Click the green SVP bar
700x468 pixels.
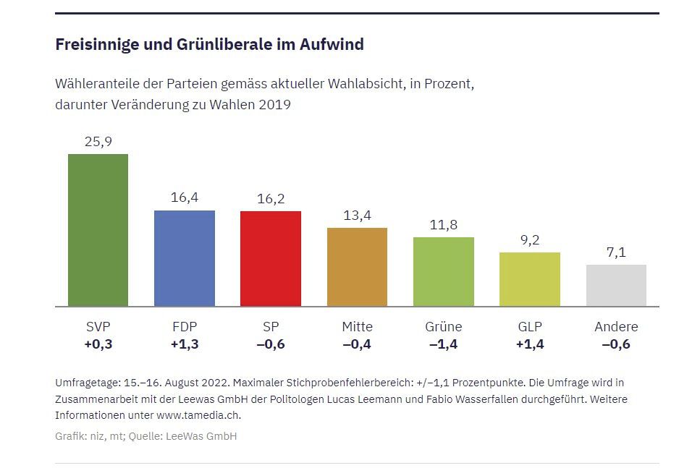coord(98,230)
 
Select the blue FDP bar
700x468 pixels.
coord(184,258)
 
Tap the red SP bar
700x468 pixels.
coord(270,259)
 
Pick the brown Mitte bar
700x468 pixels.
coord(357,267)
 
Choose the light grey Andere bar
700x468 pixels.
coord(616,286)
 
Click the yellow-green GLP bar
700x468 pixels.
coord(529,279)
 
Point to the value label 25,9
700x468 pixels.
coord(98,142)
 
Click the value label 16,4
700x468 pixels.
coord(184,198)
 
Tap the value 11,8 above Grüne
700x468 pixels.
coord(443,225)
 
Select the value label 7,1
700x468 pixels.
coord(616,252)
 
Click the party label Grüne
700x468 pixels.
coord(443,327)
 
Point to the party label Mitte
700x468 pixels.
coord(357,327)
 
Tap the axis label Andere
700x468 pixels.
coord(616,327)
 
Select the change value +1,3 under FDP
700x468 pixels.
coord(184,344)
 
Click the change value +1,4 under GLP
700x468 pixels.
coord(529,344)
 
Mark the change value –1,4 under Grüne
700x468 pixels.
coord(443,344)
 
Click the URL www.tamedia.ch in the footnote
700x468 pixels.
coord(198,415)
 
